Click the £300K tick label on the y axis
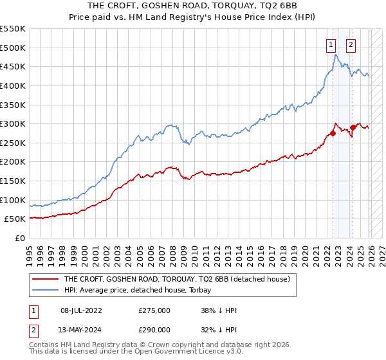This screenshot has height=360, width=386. click(x=13, y=123)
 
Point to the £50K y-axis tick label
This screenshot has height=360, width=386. click(x=15, y=219)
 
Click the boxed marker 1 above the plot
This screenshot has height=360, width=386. click(x=331, y=44)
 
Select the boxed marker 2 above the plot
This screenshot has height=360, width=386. click(x=351, y=44)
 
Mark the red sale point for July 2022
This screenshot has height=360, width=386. click(x=333, y=133)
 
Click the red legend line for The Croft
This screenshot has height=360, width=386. click(x=45, y=280)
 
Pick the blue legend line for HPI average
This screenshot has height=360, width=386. click(x=45, y=290)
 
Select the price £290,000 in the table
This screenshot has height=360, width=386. click(x=154, y=328)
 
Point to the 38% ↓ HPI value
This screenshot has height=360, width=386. click(x=219, y=310)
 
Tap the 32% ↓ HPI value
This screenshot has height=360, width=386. click(x=219, y=328)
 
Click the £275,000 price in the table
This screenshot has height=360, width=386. click(x=154, y=310)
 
